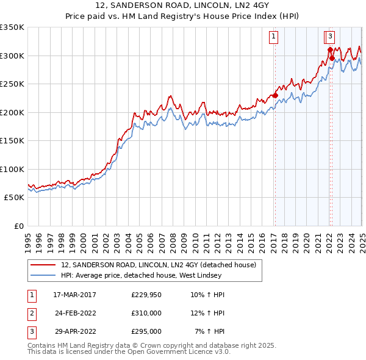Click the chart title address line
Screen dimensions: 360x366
(182, 6)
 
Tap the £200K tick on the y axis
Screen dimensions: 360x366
(12, 112)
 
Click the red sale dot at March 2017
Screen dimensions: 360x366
(275, 95)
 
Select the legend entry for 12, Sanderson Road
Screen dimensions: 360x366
(162, 265)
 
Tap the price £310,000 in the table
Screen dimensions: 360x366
(146, 314)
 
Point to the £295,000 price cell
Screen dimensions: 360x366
(146, 331)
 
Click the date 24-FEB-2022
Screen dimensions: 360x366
(75, 314)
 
